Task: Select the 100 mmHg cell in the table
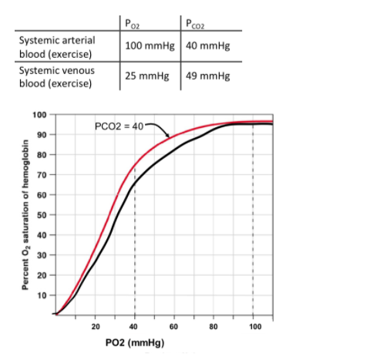point(150,44)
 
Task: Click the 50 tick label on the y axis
point(41,215)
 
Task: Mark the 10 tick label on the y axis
point(41,295)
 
